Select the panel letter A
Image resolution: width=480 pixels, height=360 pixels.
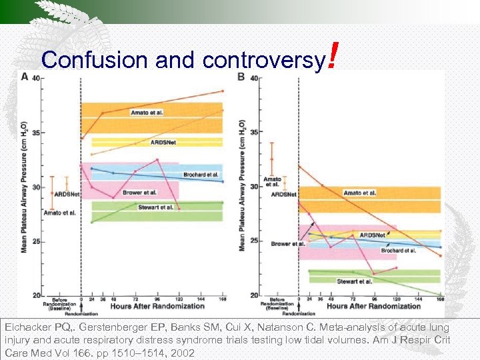click(x=25, y=76)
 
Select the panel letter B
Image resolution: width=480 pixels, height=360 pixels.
click(x=241, y=76)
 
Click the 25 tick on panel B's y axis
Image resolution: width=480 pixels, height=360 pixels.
click(x=254, y=241)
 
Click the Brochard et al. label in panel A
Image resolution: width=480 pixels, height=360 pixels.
click(x=201, y=174)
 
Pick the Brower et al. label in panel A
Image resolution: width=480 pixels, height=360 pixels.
click(x=139, y=192)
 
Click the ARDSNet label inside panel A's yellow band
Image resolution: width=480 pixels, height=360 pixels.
click(x=164, y=142)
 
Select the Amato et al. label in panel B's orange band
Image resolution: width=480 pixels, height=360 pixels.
click(x=359, y=193)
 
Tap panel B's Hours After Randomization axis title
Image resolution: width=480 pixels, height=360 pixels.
click(x=373, y=306)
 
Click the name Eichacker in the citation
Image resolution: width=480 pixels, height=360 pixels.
click(x=27, y=328)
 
